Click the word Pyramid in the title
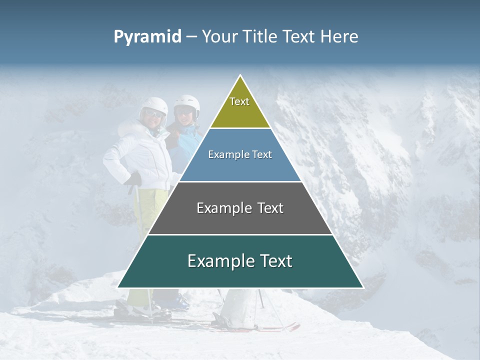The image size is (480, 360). pyautogui.click(x=147, y=37)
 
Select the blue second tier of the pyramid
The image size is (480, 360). pyautogui.click(x=240, y=165)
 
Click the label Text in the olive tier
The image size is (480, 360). pyautogui.click(x=239, y=101)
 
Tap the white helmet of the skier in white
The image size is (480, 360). pyautogui.click(x=153, y=105)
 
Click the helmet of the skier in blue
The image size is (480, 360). pyautogui.click(x=187, y=102)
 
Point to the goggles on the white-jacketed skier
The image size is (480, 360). pyautogui.click(x=154, y=114)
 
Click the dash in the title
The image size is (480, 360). pyautogui.click(x=191, y=37)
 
